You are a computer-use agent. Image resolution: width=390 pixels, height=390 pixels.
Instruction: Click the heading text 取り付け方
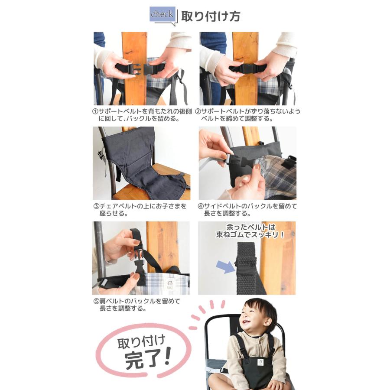(210, 16)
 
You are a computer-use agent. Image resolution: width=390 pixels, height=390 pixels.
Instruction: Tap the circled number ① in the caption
(95, 111)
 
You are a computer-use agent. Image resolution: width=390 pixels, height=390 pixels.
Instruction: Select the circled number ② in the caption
(198, 111)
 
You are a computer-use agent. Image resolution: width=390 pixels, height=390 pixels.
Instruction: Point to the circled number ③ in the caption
(96, 206)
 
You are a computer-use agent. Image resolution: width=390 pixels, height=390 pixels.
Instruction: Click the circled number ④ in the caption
(201, 206)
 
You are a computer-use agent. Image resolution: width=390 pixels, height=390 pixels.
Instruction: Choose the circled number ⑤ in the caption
(96, 301)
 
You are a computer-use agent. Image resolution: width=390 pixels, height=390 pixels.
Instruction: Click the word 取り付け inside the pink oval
(141, 341)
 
